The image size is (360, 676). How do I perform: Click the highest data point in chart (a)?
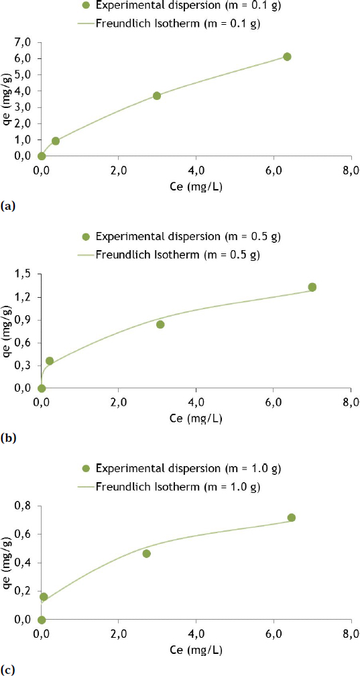tap(287, 56)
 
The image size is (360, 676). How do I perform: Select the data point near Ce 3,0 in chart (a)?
tap(157, 96)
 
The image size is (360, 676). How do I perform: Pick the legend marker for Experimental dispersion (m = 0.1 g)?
tap(85, 5)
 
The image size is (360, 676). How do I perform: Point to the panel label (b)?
tap(8, 439)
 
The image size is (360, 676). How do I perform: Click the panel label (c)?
tap(8, 670)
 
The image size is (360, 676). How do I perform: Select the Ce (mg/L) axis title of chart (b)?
tap(196, 418)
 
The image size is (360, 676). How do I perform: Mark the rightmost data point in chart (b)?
tap(312, 287)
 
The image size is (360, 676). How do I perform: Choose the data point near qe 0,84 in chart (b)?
tap(160, 325)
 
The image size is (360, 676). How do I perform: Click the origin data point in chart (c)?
tap(42, 620)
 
